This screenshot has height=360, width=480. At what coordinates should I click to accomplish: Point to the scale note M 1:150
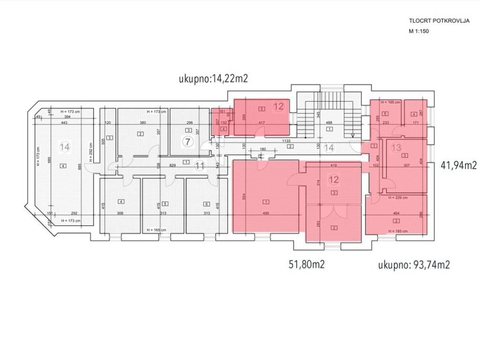click(419, 31)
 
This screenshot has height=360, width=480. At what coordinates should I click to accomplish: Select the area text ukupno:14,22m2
click(213, 79)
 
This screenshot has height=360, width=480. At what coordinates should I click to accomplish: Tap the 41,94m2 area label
click(459, 165)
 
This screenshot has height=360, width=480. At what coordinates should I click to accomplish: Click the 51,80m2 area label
click(307, 264)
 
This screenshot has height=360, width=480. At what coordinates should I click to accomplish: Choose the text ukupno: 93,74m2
click(414, 265)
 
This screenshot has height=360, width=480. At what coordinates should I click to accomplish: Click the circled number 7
click(187, 141)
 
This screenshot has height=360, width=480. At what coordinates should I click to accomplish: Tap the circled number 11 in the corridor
click(200, 165)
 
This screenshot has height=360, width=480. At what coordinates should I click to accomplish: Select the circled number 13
click(397, 148)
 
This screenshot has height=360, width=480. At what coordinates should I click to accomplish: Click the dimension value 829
click(173, 165)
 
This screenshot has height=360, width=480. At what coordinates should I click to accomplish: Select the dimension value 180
click(263, 150)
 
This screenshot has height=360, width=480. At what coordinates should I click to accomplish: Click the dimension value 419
click(334, 165)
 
